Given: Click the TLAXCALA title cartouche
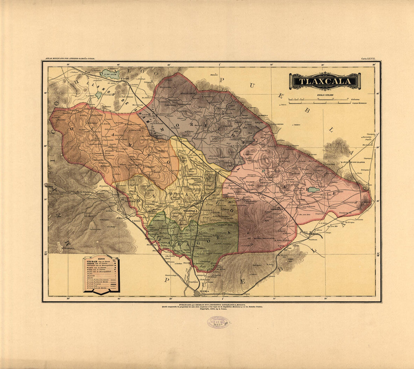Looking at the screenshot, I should pos(324,81).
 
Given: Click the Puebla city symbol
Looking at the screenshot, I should pos(197,293).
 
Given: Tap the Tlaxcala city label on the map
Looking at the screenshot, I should pos(190,211).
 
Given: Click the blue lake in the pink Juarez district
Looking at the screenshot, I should pos(313,190).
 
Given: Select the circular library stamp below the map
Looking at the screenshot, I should pos(218,322).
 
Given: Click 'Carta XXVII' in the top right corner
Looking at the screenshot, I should pos(370,59).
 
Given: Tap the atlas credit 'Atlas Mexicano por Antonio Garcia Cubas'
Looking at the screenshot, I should pos(70,59).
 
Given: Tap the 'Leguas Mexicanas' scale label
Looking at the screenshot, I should pos(359,103).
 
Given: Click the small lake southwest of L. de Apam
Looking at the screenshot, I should pos(98,95).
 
